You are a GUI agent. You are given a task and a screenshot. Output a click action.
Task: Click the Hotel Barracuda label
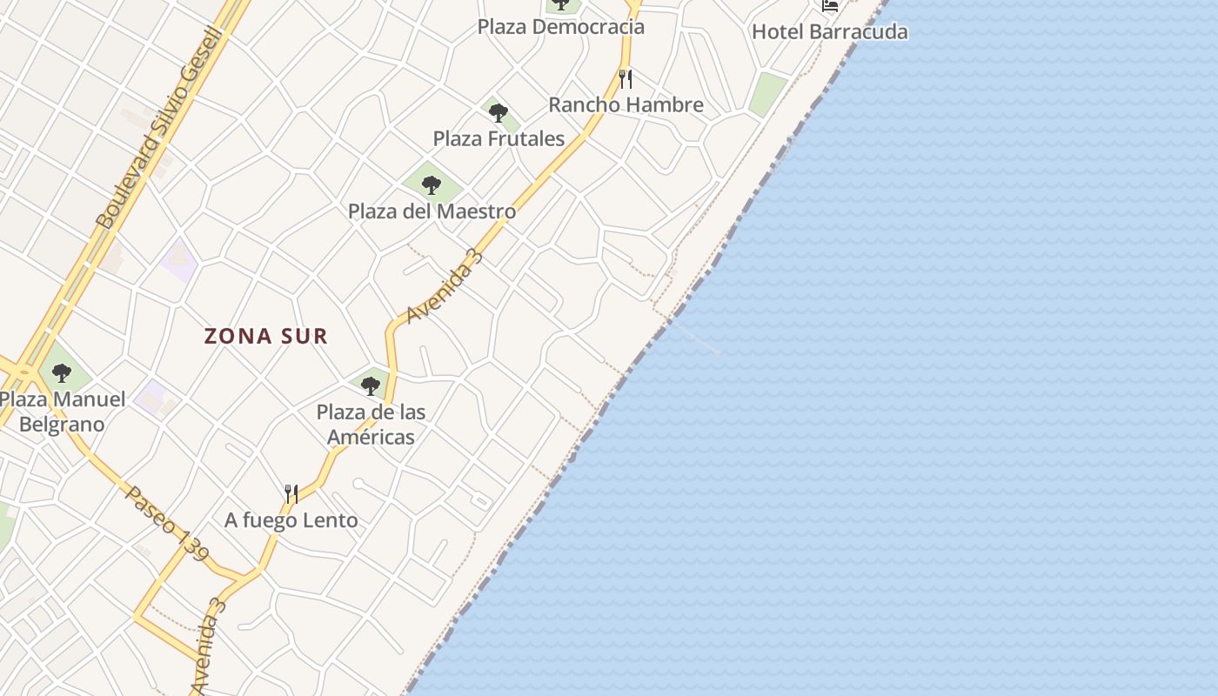829,32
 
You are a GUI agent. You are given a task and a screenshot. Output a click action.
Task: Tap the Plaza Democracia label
561,27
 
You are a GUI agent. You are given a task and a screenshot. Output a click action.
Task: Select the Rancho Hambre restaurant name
626,105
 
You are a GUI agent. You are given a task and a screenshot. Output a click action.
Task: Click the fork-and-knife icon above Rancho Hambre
626,79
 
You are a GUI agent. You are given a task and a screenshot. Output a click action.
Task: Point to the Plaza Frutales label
499,138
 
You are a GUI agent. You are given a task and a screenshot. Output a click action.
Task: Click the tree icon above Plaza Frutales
499,112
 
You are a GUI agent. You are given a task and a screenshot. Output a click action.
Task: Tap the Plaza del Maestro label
432,211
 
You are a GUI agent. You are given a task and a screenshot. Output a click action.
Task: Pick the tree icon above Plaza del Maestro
432,184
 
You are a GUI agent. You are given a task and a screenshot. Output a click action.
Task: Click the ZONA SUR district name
266,336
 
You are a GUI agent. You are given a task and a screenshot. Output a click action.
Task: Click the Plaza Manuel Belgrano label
62,412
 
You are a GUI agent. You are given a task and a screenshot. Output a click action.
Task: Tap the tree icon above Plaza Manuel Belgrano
62,373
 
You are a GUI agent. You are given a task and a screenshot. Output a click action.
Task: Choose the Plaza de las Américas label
371,424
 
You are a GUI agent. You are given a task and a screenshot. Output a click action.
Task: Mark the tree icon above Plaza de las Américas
371,385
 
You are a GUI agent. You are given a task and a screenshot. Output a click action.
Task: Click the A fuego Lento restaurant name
291,520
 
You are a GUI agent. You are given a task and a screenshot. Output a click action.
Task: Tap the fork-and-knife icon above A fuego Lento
291,494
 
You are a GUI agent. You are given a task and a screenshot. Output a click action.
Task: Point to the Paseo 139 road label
167,523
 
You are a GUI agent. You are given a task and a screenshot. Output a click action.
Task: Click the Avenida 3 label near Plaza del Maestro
445,287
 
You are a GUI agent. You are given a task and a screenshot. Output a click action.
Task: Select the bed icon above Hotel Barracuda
830,5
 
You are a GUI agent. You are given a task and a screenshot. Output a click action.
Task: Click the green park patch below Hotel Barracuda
767,94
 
